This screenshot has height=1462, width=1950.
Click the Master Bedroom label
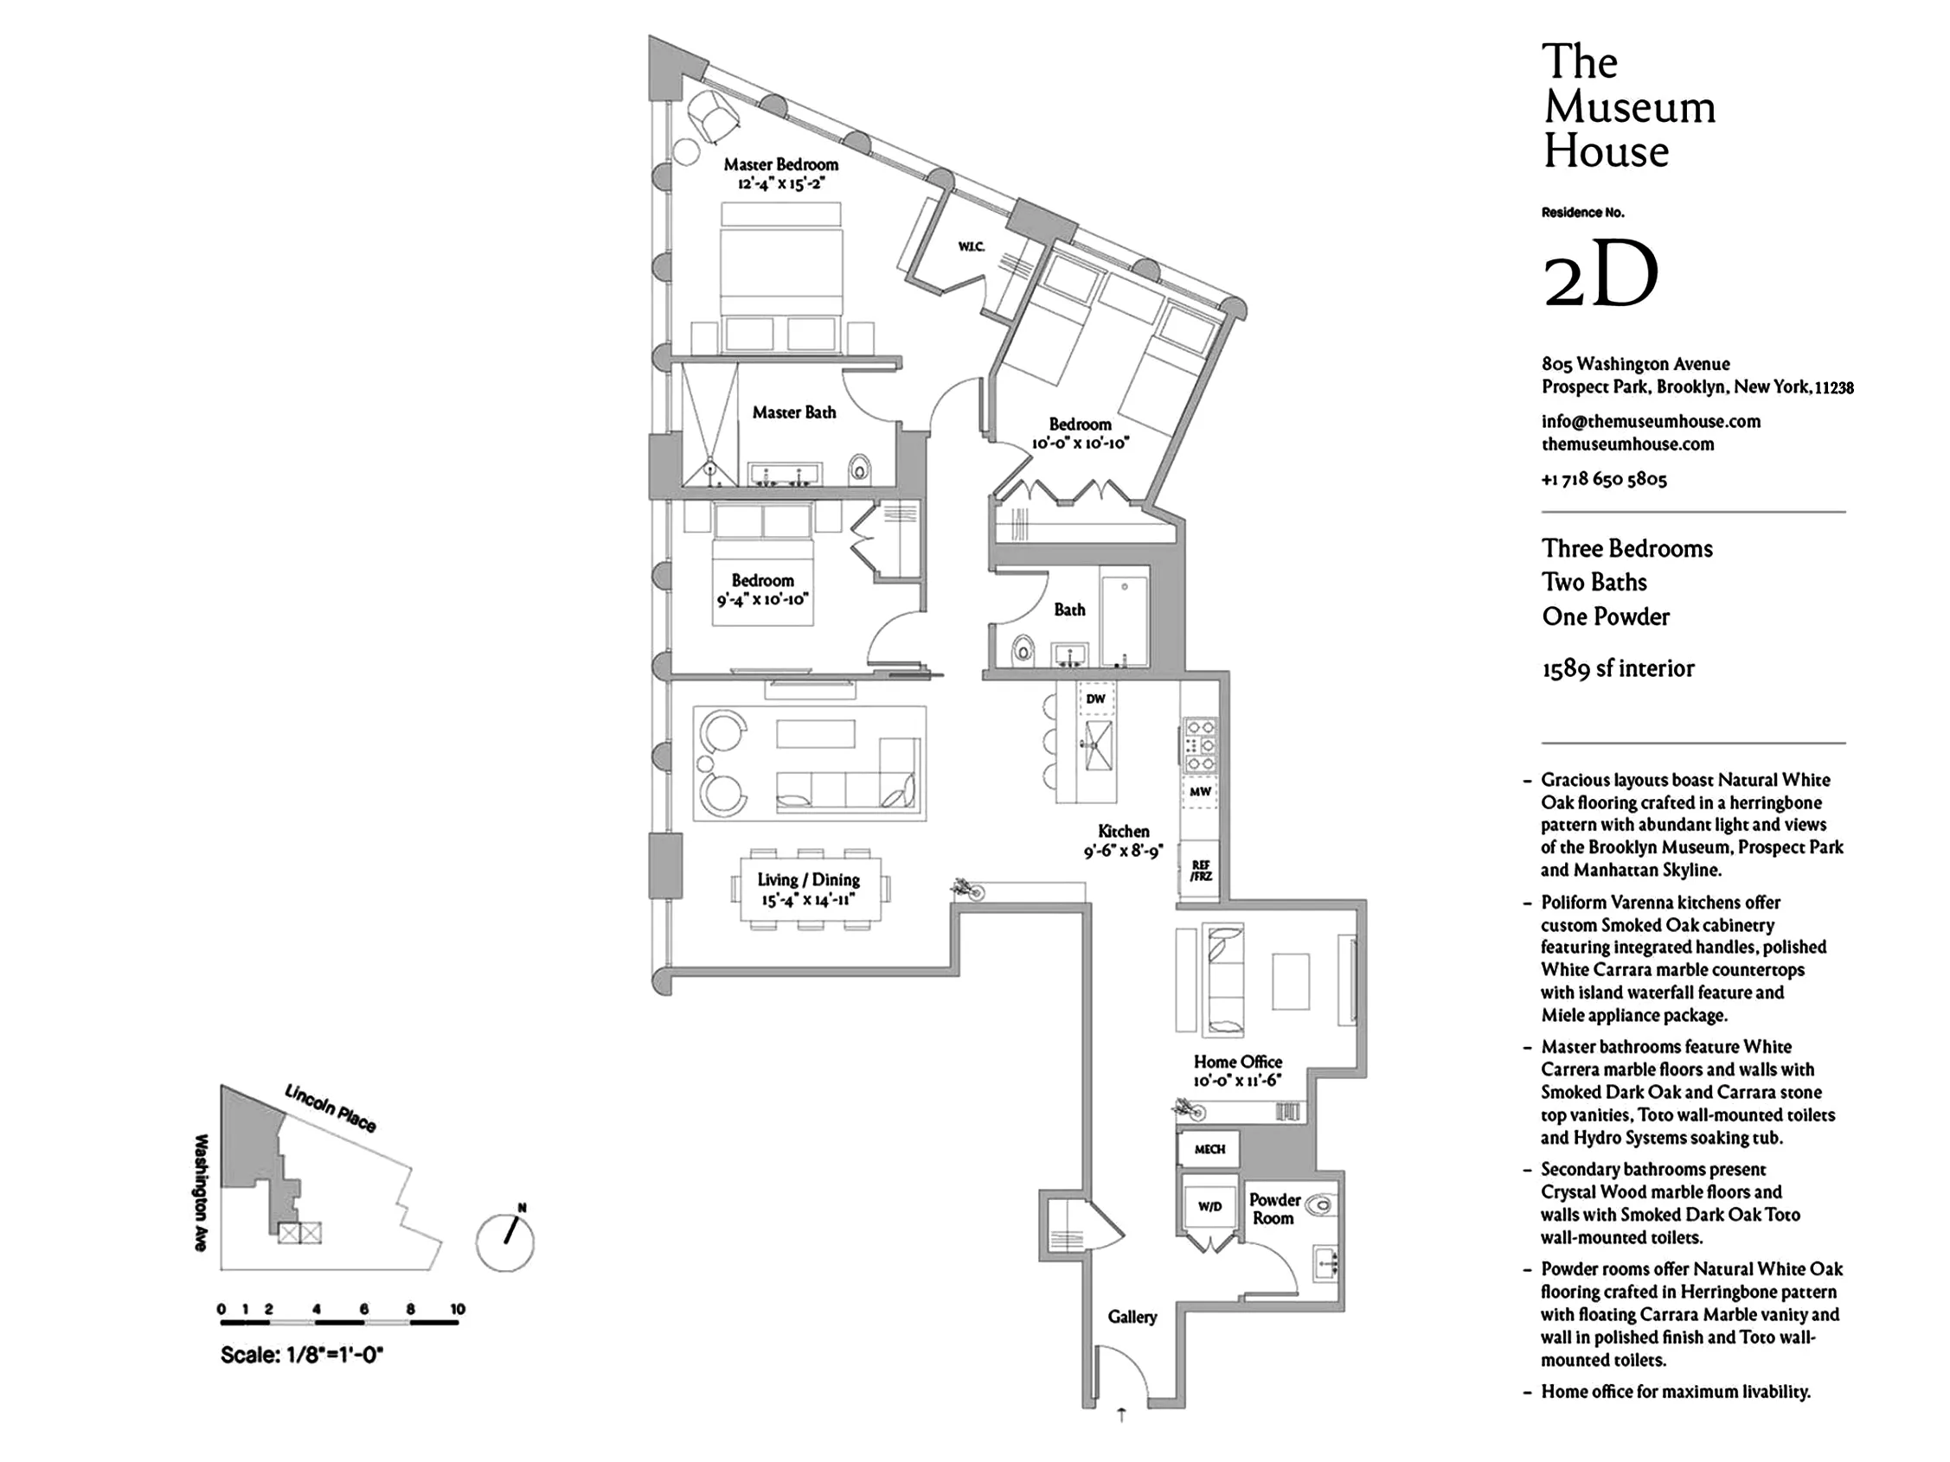780,165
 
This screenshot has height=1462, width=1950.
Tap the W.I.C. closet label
971,246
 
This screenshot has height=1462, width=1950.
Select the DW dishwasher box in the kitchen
1096,699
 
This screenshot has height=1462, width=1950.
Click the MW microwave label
1200,791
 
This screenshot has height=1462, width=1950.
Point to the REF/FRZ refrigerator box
1200,871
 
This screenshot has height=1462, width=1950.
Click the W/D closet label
1209,1206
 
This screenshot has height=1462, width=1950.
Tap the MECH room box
1209,1149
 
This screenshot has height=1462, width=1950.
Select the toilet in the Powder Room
1320,1204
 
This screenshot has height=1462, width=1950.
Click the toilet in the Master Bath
860,467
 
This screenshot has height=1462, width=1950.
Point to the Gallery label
1132,1317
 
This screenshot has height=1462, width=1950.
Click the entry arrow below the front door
1121,1415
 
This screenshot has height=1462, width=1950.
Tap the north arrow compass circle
505,1242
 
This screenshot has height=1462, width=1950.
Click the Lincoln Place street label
330,1108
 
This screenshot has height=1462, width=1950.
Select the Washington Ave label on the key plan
202,1191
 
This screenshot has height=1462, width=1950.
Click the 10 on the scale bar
457,1309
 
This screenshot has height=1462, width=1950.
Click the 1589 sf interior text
1618,669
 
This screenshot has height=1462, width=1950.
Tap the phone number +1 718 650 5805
1604,479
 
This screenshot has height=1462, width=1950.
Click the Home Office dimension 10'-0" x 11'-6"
1237,1082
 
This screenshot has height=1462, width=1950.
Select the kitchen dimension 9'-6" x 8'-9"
1123,852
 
